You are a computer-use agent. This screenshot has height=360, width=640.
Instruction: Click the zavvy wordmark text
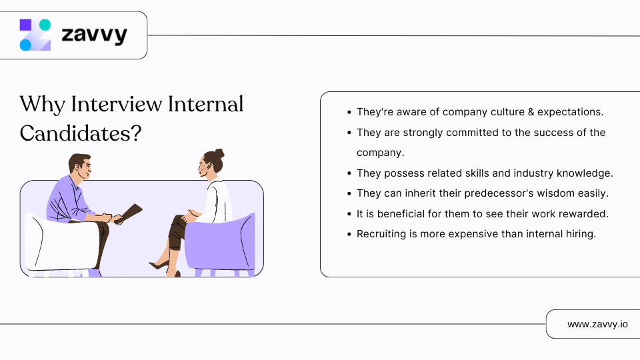pyautogui.click(x=94, y=35)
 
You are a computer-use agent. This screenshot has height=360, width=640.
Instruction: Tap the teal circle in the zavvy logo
pyautogui.click(x=45, y=25)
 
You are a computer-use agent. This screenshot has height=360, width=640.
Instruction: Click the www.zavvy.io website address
pyautogui.click(x=597, y=324)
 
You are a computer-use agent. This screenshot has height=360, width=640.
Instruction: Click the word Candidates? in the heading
pyautogui.click(x=80, y=133)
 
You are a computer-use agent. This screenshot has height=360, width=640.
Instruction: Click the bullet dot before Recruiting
pyautogui.click(x=349, y=234)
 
